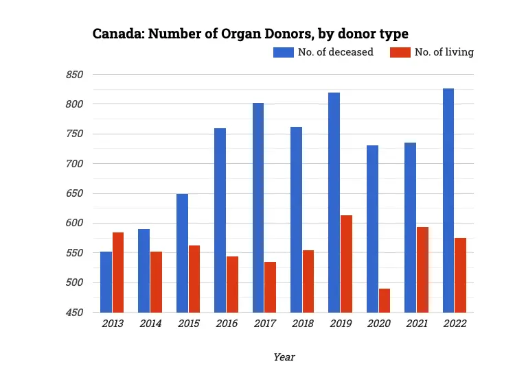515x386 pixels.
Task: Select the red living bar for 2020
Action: [x=384, y=300]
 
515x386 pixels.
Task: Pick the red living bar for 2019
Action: [x=346, y=264]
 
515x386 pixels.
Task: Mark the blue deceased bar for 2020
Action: [x=372, y=229]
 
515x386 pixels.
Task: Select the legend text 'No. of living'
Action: [x=444, y=52]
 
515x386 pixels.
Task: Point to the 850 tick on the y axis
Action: [x=74, y=75]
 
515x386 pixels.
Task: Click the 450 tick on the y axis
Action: [x=74, y=313]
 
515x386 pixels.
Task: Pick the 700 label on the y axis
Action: [x=74, y=164]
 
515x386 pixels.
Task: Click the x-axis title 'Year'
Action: [x=284, y=357]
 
